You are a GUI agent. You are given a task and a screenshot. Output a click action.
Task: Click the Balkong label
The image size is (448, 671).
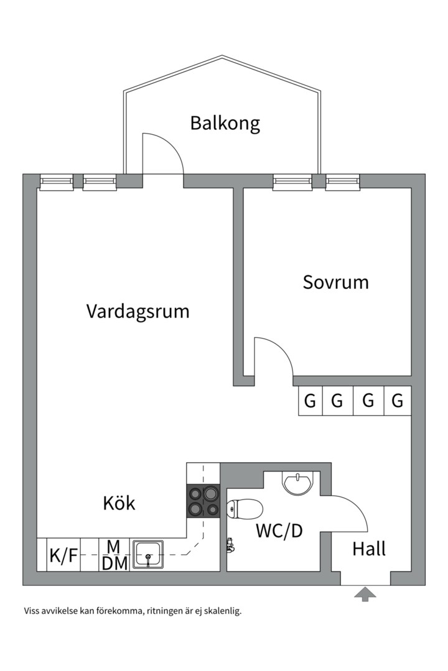pos(225,123)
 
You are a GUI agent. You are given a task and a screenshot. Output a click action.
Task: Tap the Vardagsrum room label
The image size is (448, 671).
pos(138,311)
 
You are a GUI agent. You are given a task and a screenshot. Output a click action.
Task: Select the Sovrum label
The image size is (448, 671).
pos(335,282)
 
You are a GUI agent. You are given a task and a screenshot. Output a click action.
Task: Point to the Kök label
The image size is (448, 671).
pos(119,503)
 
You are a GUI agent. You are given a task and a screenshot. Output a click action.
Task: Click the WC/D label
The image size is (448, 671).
pos(279,531)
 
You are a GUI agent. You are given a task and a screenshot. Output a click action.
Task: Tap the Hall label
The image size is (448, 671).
pos(369,549)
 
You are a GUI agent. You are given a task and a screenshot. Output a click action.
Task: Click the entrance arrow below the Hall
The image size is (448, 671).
pos(365,595)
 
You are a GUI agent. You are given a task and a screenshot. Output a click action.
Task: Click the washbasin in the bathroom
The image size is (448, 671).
pos(298,482)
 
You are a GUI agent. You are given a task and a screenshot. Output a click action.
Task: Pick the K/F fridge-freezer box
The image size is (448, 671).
pos(64,555)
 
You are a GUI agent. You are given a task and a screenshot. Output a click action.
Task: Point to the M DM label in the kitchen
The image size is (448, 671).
pos(114,555)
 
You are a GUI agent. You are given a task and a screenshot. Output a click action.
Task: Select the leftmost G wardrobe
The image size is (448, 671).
pos(310,401)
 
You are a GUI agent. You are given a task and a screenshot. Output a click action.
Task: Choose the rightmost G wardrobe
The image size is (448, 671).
pos(397,401)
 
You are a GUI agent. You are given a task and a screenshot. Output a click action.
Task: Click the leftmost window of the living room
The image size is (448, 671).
pos(57,181)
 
